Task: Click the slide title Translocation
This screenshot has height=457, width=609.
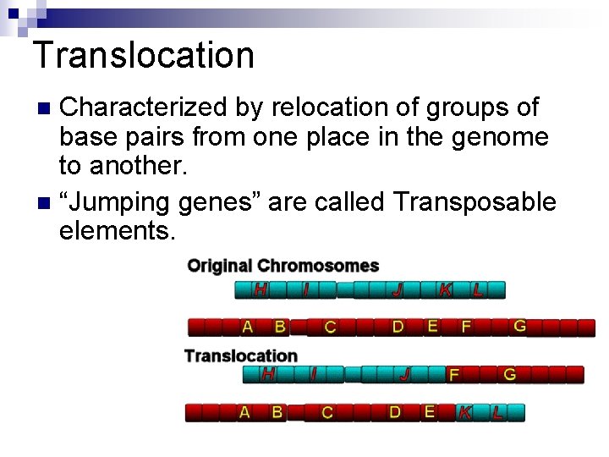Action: coord(144,56)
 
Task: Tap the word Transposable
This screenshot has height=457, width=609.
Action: coord(474,202)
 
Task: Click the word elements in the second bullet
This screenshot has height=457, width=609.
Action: coord(118,230)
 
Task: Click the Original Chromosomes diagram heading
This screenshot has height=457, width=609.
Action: coord(283,266)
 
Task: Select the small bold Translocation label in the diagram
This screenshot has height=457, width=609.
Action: coord(241,355)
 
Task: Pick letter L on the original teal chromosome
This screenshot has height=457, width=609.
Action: coord(478,289)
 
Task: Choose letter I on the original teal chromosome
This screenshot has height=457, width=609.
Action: coord(305,289)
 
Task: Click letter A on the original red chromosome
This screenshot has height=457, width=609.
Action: coord(247,326)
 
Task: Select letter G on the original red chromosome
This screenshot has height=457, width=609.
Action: coord(519,325)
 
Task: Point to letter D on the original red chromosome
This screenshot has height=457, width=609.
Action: coord(398,326)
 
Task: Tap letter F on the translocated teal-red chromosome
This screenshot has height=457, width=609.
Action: coord(454,374)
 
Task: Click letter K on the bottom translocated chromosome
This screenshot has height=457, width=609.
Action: coord(465,412)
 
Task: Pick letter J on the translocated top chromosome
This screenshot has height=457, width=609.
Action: coord(405,374)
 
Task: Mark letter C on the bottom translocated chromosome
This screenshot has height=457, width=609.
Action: coord(327,412)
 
